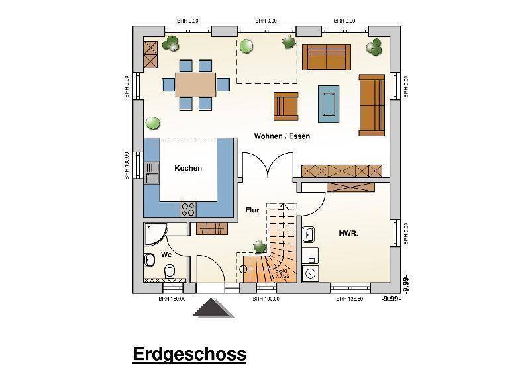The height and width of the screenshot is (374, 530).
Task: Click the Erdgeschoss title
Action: tap(189, 354)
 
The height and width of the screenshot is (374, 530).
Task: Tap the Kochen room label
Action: tap(188, 168)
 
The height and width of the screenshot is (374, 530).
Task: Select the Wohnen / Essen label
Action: tap(282, 136)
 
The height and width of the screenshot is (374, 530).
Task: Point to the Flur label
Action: tap(252, 210)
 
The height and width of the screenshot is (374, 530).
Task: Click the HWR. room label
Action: tap(348, 233)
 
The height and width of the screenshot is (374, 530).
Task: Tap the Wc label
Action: tap(166, 254)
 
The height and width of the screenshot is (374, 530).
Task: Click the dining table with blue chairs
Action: tap(196, 85)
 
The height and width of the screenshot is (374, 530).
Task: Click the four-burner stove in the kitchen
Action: tap(188, 209)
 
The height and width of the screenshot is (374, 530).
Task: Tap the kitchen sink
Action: tap(152, 173)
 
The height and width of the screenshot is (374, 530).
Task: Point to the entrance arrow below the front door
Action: tap(213, 308)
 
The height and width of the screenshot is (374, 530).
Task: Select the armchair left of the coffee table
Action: tap(286, 106)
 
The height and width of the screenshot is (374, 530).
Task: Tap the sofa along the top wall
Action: tap(327, 57)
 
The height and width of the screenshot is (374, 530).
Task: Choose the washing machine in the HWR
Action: tap(309, 273)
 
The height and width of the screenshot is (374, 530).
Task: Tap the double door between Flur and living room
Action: tap(267, 167)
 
